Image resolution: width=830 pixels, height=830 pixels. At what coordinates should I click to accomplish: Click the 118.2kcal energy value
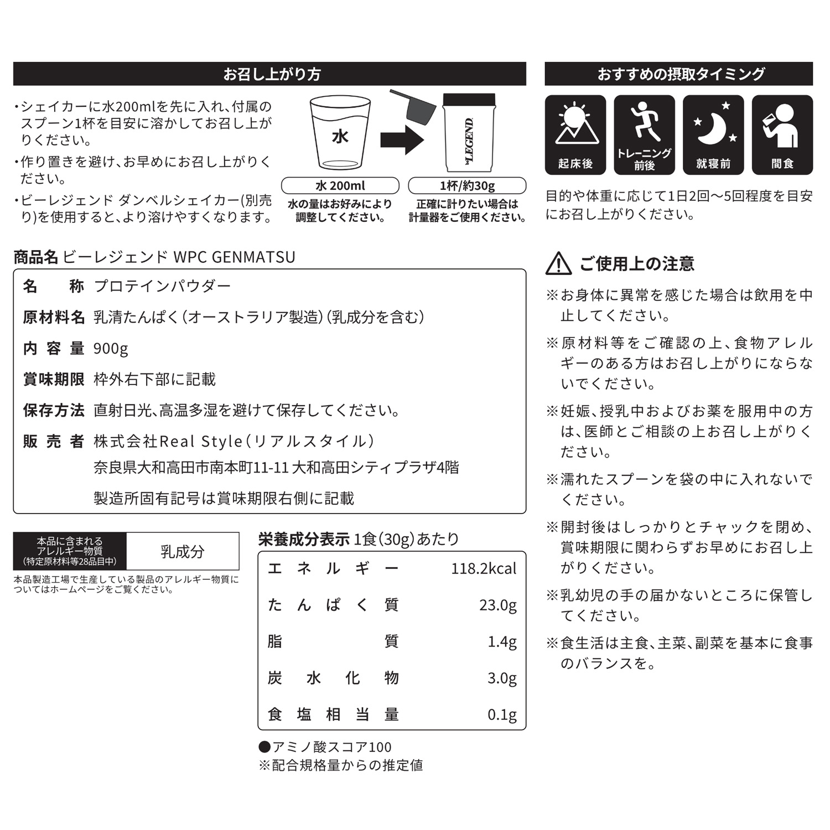point(483,569)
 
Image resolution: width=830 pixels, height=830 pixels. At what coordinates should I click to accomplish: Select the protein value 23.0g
point(497,605)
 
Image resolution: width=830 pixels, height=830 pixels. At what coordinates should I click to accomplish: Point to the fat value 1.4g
point(501,642)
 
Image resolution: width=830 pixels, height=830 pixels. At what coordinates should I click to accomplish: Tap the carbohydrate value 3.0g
point(501,678)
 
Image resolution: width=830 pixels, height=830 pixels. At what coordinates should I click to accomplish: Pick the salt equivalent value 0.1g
point(501,715)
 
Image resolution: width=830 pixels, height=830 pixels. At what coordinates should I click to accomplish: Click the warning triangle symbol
point(558,264)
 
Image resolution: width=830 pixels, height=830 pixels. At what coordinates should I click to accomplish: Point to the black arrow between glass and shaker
point(402,139)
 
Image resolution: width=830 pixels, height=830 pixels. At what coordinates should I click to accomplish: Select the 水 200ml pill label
point(340,185)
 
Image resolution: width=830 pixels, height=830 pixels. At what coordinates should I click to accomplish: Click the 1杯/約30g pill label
point(467,185)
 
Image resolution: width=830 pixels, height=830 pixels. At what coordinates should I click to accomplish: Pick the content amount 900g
point(111,349)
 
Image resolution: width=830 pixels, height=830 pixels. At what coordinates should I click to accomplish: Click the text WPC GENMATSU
point(234,257)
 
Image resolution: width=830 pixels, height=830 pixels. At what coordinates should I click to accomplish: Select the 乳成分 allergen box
point(183,552)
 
